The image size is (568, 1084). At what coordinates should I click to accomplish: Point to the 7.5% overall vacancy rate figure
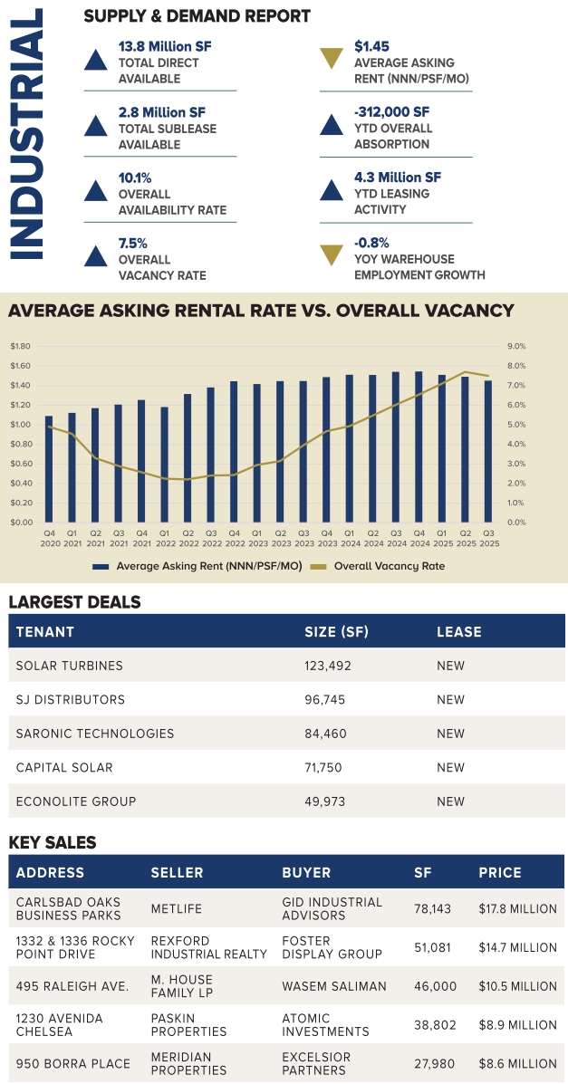[x=132, y=243]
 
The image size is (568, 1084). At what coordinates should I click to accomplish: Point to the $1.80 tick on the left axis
[x=20, y=346]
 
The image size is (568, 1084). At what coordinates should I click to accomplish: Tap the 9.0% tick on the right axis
[x=516, y=346]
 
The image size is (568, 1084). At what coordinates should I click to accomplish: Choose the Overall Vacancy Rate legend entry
[x=380, y=566]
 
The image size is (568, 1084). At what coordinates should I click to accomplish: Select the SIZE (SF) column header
[x=336, y=631]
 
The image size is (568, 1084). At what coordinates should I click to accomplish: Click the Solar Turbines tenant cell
[x=70, y=666]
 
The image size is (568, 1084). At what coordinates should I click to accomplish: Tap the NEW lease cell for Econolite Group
[x=450, y=801]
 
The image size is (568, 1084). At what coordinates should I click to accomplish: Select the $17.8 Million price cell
[x=517, y=909]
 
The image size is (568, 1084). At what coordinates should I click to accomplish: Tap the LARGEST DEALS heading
[x=75, y=602]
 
